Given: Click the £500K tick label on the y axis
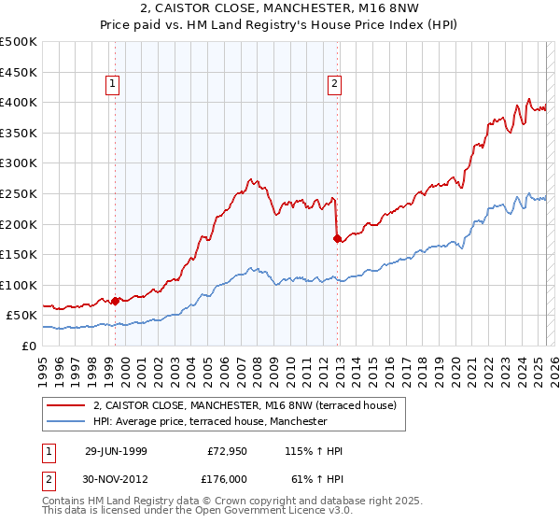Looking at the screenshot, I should [x=19, y=42].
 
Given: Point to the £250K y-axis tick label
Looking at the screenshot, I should [x=19, y=193].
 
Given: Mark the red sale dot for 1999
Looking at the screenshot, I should [x=116, y=301].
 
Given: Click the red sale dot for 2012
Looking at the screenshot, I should [x=337, y=238].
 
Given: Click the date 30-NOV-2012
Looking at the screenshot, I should [x=116, y=478].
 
